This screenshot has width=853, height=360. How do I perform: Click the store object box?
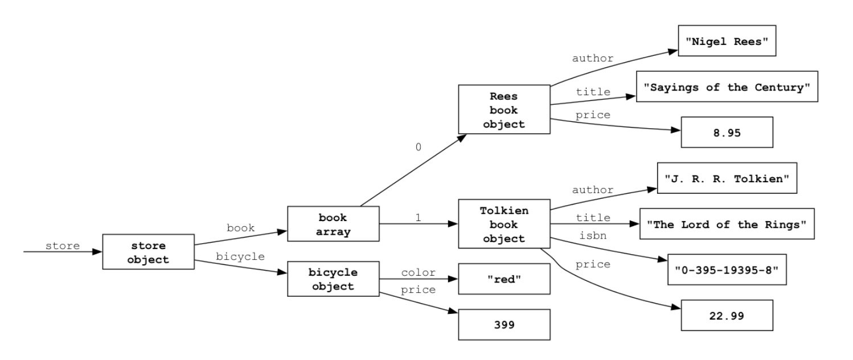pyautogui.click(x=148, y=252)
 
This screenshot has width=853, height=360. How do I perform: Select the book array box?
pyautogui.click(x=333, y=224)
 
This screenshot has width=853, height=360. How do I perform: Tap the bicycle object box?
pyautogui.click(x=333, y=279)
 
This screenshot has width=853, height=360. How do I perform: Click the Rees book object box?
pyautogui.click(x=504, y=110)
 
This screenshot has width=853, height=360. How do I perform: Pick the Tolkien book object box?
pyautogui.click(x=504, y=224)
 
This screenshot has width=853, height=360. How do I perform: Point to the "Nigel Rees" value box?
pyautogui.click(x=727, y=41)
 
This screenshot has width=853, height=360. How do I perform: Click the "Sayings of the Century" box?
pyautogui.click(x=727, y=87)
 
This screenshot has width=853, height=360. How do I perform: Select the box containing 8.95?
pyautogui.click(x=727, y=132)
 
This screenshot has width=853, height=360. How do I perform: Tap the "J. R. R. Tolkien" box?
pyautogui.click(x=727, y=178)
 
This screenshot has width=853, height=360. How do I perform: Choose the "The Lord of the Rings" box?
pyautogui.click(x=727, y=224)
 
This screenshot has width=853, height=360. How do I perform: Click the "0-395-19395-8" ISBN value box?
pyautogui.click(x=727, y=269)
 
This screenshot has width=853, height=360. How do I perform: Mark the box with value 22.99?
pyautogui.click(x=727, y=315)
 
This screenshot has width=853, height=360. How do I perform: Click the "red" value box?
pyautogui.click(x=504, y=279)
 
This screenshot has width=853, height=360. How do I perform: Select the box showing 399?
pyautogui.click(x=504, y=325)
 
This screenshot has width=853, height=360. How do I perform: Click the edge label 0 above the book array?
pyautogui.click(x=418, y=147)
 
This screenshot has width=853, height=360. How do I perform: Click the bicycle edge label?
pyautogui.click(x=240, y=256)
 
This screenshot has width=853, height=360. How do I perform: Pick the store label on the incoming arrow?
pyautogui.click(x=63, y=246)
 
